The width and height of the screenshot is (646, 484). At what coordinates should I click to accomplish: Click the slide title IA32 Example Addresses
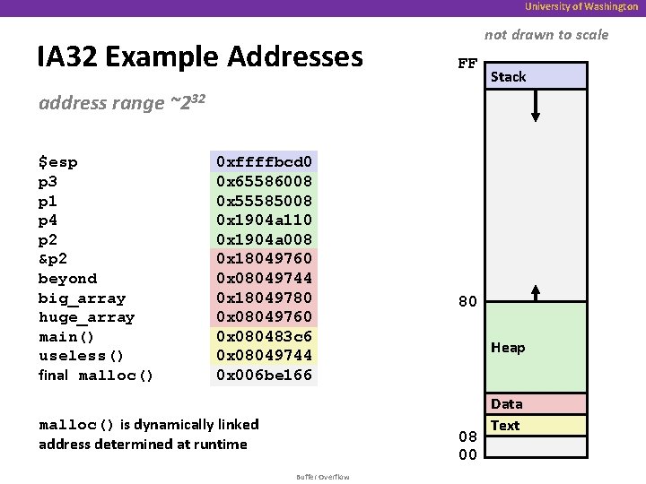(200, 56)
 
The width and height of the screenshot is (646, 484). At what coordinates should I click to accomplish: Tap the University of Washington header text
(581, 6)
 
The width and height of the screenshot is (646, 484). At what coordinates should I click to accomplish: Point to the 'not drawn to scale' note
(546, 35)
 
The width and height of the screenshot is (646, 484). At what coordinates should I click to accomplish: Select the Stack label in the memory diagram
(508, 77)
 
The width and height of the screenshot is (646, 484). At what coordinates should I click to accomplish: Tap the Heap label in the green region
(508, 348)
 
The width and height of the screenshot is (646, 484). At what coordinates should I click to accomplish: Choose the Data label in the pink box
(506, 404)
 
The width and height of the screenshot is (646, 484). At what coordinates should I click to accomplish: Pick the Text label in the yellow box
(505, 426)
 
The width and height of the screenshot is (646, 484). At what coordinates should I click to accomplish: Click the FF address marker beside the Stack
(467, 65)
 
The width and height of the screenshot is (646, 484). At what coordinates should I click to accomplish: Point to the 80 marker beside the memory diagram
(467, 302)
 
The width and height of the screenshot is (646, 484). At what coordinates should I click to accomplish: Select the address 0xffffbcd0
(264, 162)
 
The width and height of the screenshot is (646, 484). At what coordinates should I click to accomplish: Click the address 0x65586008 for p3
(264, 181)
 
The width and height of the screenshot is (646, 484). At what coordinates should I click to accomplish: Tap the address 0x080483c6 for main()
(264, 336)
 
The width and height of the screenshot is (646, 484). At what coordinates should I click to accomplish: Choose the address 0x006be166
(264, 375)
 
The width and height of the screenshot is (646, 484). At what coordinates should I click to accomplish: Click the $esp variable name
(57, 162)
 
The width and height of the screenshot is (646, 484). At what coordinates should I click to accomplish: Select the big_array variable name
(82, 298)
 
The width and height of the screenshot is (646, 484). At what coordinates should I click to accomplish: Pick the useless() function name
(82, 356)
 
